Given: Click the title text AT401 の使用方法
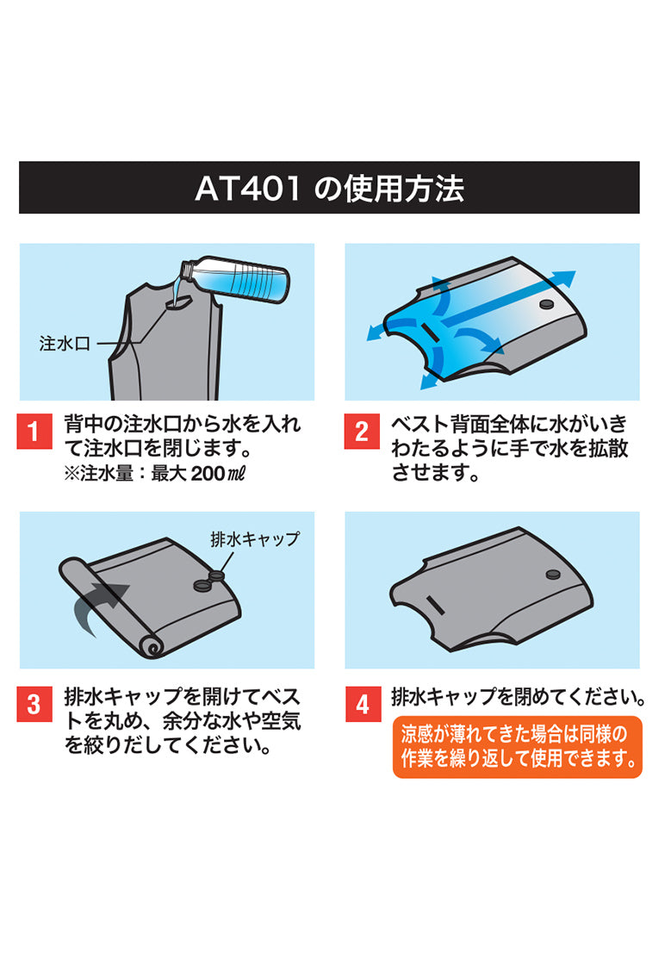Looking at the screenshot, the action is (x=329, y=188).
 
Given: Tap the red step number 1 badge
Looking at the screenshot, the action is (x=34, y=431).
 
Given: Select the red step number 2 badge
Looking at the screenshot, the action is (x=362, y=431).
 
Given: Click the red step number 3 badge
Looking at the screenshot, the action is (x=34, y=704).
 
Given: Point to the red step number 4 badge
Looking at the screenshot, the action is (x=363, y=704).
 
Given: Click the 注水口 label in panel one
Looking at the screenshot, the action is (x=65, y=344).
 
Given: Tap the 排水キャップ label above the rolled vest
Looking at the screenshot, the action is (x=255, y=538).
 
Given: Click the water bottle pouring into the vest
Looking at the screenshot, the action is (x=234, y=278).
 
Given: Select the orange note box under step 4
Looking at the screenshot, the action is (x=518, y=747).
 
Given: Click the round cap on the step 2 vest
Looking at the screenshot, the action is (x=547, y=304).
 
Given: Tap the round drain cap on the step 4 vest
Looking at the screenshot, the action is (x=552, y=575).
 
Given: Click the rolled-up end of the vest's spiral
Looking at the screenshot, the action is (x=150, y=649).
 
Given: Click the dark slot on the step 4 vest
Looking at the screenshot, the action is (x=435, y=606).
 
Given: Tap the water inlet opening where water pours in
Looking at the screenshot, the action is (x=181, y=302).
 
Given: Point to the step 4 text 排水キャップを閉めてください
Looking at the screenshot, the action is (x=519, y=697).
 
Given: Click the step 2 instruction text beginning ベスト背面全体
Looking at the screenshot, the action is (x=510, y=448).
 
